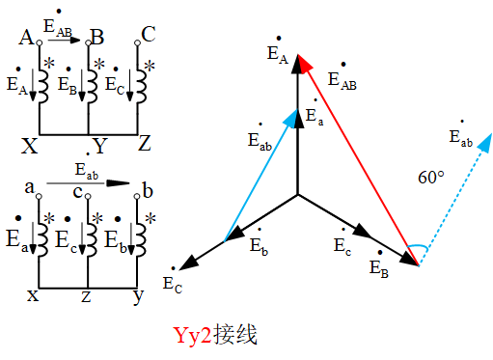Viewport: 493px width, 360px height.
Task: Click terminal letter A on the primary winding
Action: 26,38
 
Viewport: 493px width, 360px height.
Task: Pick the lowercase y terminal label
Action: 138,296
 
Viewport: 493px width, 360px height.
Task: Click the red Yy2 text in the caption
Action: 192,336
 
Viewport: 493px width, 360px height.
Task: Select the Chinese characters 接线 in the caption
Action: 235,336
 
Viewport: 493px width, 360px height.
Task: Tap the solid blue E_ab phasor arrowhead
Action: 293,114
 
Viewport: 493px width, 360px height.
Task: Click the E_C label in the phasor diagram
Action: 172,283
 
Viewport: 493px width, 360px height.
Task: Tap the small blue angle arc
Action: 416,248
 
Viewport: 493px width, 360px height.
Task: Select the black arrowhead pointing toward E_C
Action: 190,262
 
